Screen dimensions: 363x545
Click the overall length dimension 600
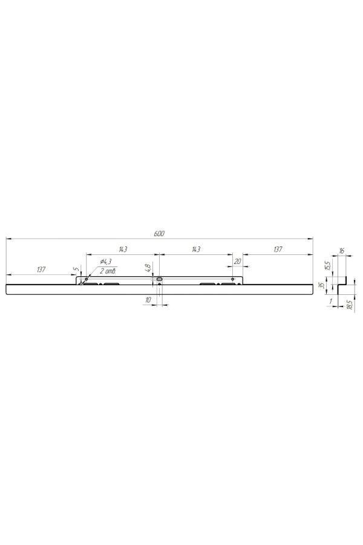click(159, 234)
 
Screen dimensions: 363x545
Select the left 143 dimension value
click(123, 249)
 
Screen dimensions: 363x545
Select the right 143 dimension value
click(196, 249)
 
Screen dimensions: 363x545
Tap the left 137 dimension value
click(41, 269)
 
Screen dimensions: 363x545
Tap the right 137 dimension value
click(278, 249)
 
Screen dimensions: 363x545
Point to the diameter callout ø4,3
click(105, 262)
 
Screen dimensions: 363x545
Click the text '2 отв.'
click(108, 271)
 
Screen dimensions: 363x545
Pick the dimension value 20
click(238, 262)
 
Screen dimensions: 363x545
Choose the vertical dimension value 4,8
click(148, 268)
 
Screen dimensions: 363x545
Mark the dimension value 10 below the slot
click(148, 300)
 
